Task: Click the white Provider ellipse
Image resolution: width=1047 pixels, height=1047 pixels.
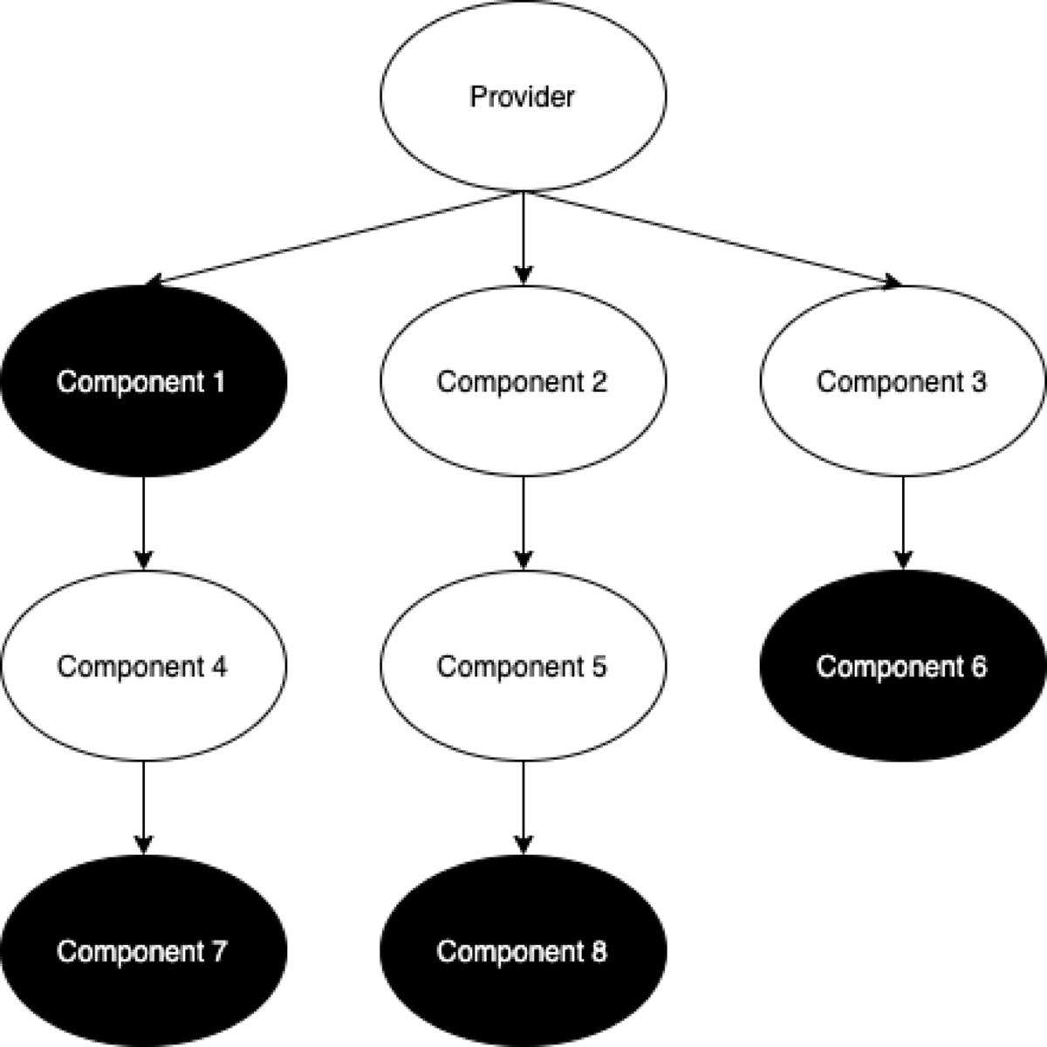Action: tap(523, 140)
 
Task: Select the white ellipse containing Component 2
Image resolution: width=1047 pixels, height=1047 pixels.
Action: tap(523, 428)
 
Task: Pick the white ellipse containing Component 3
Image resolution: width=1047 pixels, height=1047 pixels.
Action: tap(902, 428)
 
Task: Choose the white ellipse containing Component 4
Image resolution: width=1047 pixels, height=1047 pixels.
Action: tap(143, 711)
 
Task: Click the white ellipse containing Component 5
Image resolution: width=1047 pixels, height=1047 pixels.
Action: tap(523, 711)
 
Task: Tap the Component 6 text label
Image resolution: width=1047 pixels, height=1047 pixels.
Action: tap(901, 667)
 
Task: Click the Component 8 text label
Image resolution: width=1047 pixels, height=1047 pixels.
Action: tap(522, 951)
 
